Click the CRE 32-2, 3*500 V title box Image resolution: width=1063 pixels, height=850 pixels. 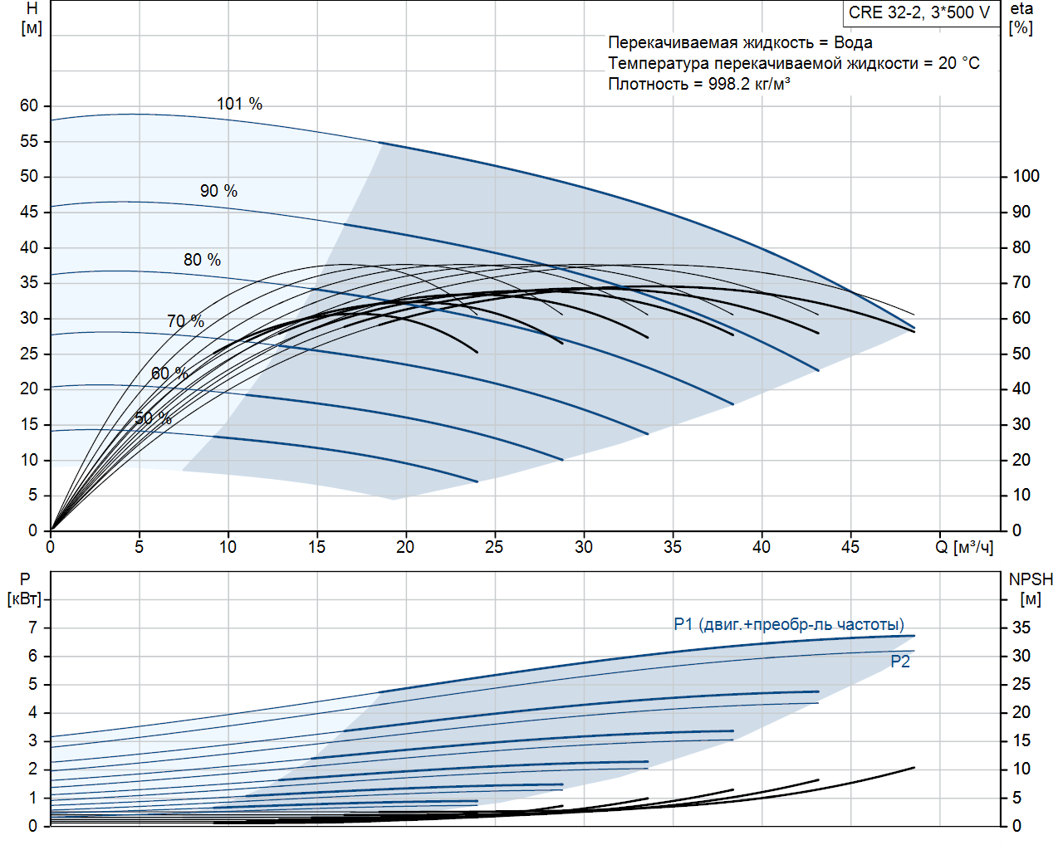pos(919,12)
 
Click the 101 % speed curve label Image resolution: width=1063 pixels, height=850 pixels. pos(239,104)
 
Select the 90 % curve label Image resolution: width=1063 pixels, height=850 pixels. pos(218,191)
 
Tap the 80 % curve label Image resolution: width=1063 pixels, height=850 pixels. pos(202,260)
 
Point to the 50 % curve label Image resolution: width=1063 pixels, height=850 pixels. pos(153,418)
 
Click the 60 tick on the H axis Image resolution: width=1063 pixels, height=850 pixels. pos(29,105)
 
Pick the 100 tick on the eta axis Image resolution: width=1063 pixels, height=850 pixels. pos(1026,176)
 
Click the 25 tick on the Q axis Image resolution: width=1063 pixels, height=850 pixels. pos(494,547)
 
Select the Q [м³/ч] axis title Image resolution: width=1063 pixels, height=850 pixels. pos(963,547)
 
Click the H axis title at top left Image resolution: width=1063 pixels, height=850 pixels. pos(32,18)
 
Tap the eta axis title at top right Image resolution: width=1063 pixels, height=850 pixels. pos(1021,18)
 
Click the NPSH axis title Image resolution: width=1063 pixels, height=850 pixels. pos(1031,589)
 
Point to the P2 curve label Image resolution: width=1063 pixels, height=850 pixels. pos(900,662)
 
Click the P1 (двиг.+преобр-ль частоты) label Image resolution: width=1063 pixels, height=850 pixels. pos(789,624)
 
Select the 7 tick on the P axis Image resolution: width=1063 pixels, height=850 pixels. pos(33,628)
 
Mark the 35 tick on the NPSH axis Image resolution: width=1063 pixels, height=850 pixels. pos(1021,628)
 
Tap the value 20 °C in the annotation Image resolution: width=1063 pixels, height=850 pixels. pos(959,63)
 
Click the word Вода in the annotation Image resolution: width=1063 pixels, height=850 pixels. pos(853,42)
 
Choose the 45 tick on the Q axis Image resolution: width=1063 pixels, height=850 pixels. pos(850,547)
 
